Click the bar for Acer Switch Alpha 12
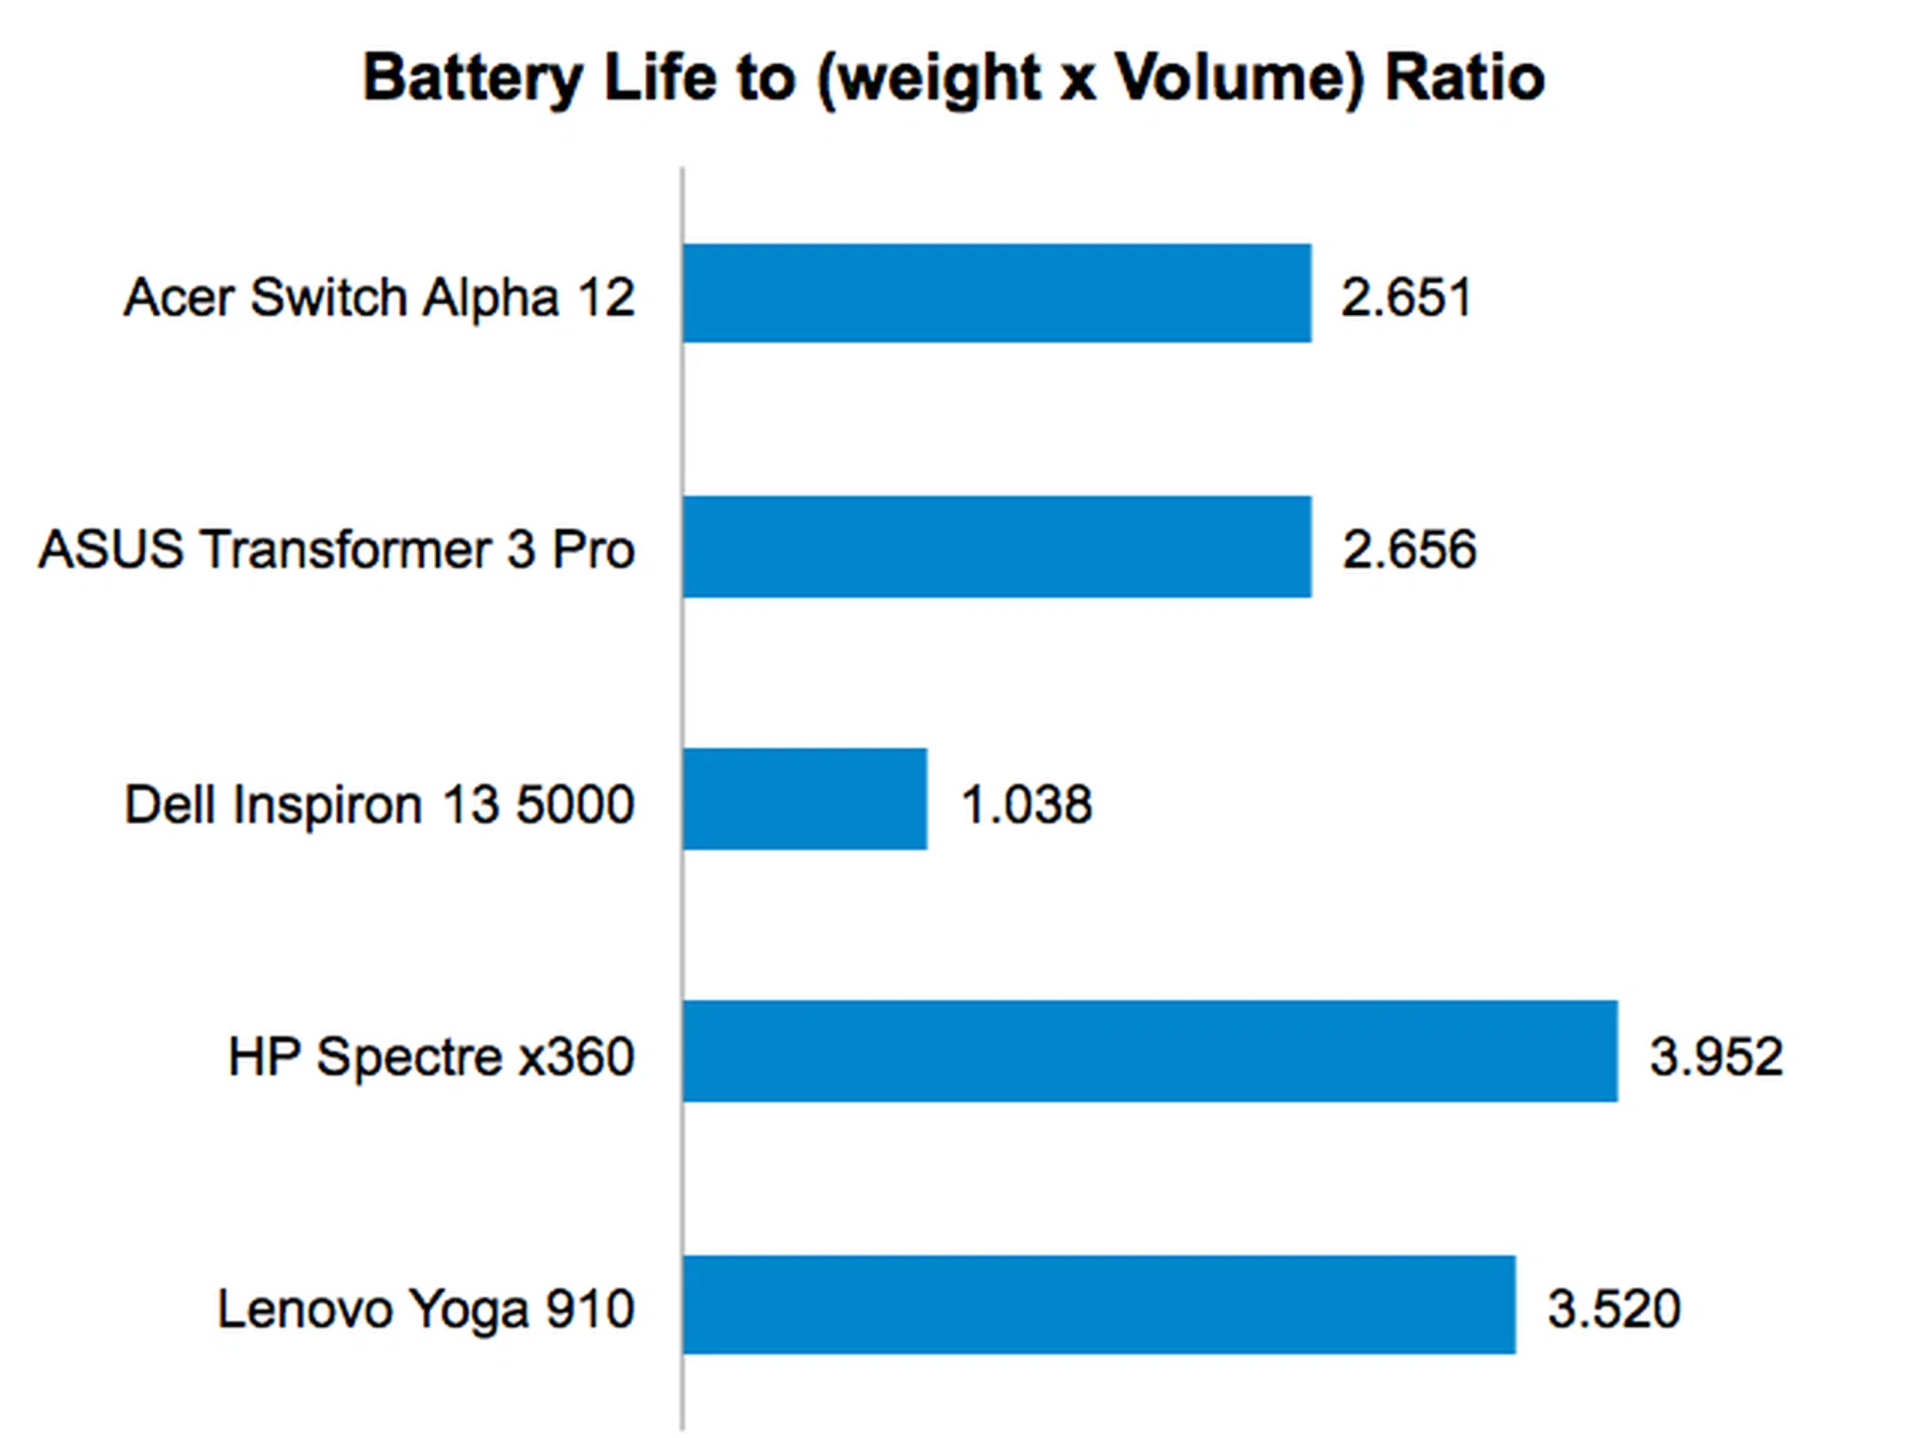997,293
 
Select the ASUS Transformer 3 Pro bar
997,547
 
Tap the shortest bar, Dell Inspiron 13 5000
806,799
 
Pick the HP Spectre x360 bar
1150,1052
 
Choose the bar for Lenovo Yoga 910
1100,1305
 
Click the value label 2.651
1405,297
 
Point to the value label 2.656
1408,549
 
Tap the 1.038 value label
1026,803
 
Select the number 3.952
1715,1056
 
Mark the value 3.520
1614,1308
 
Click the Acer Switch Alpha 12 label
378,297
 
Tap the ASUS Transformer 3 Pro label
336,549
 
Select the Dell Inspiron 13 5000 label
378,803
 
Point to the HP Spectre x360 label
430,1056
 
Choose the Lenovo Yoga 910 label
425,1308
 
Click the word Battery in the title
473,78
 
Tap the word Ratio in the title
1464,78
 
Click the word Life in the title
659,78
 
